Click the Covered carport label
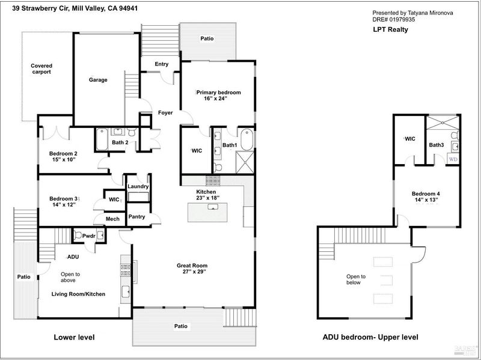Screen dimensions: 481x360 [x=41, y=69]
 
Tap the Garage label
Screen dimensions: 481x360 [x=98, y=80]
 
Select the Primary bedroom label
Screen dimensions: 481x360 [x=218, y=93]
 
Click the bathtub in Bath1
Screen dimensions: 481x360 [x=247, y=139]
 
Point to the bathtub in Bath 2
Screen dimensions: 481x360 [x=102, y=139]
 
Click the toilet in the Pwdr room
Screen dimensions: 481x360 [x=78, y=236]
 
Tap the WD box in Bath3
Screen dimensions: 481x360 [x=453, y=159]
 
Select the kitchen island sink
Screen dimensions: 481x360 [x=213, y=207]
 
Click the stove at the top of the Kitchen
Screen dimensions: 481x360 [x=213, y=181]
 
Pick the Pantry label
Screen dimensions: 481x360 [x=136, y=216]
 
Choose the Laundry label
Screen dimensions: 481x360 [x=138, y=186]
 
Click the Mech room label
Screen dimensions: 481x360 [x=112, y=219]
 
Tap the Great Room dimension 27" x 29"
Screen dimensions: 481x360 [x=192, y=272]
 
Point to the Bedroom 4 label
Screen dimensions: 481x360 [x=426, y=194]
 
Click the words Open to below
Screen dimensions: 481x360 [x=356, y=279]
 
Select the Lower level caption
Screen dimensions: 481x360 [x=74, y=337]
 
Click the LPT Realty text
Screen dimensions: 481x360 [x=390, y=29]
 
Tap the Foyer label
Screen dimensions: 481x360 [x=165, y=112]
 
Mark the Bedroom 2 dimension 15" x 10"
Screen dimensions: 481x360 [x=63, y=159]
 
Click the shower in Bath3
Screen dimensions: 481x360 [x=443, y=123]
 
